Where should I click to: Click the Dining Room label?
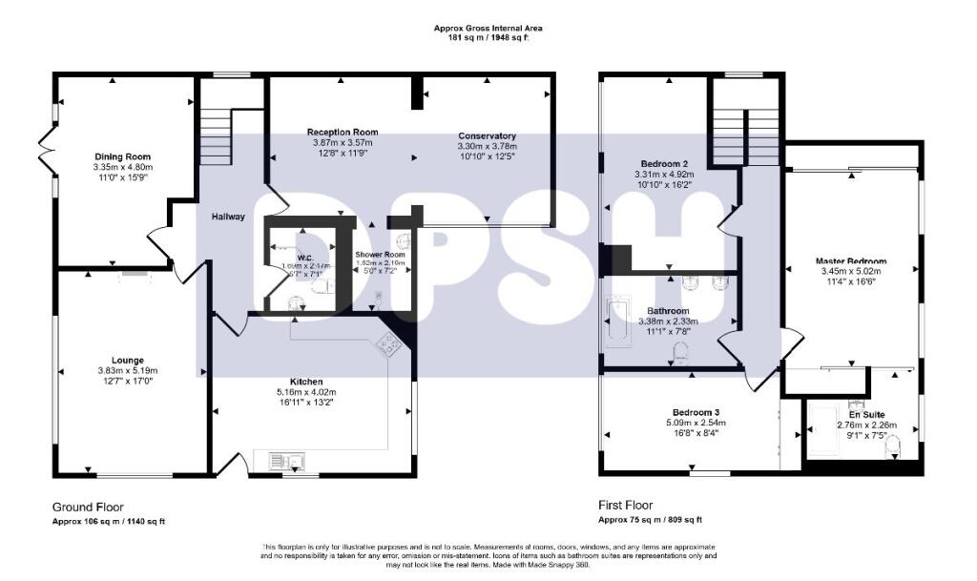point(122,156)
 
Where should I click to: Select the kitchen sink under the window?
point(284,463)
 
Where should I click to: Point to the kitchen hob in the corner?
point(389,345)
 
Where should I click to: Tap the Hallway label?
point(229,217)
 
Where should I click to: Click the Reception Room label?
point(342,133)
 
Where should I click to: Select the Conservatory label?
point(487,135)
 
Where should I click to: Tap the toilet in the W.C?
point(324,284)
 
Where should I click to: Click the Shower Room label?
point(382,255)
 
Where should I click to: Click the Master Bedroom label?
point(850,261)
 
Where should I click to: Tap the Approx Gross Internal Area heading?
point(488,29)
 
